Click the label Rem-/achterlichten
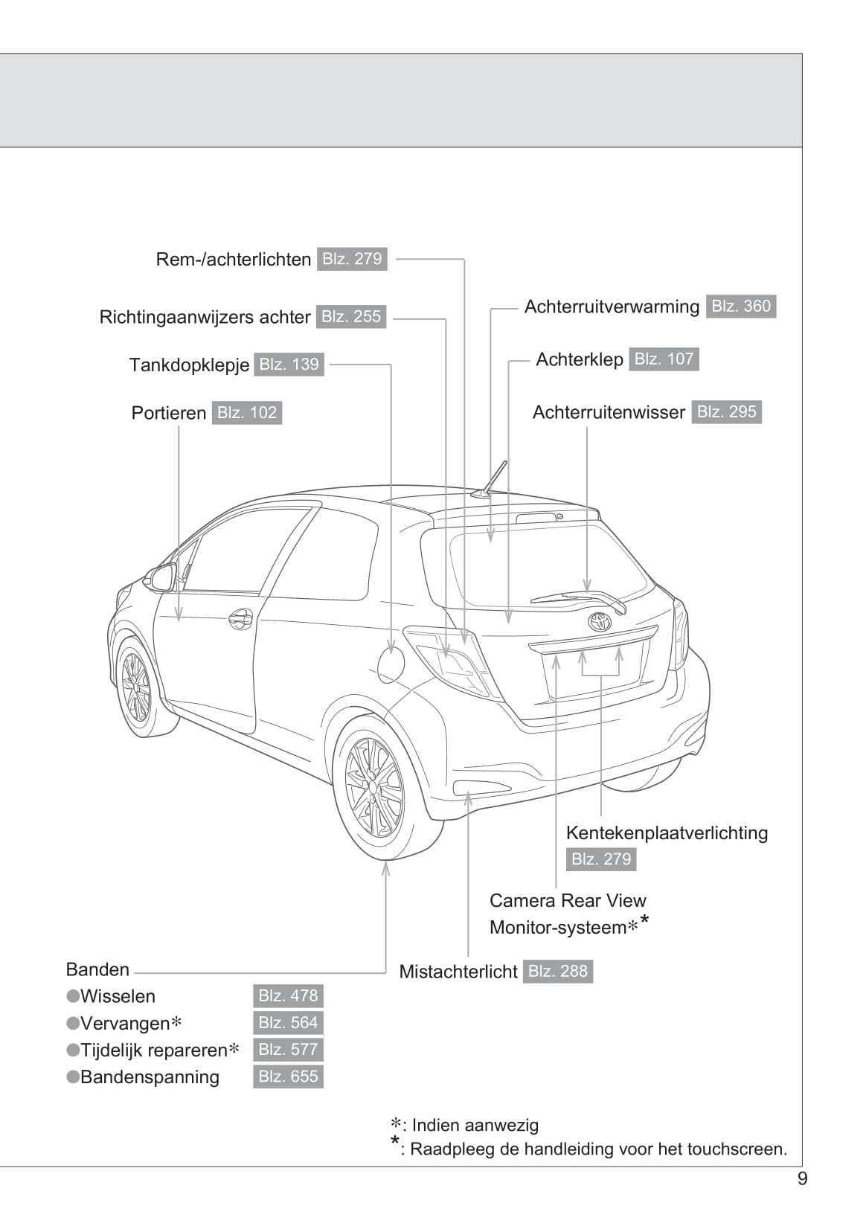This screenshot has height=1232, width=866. tap(233, 260)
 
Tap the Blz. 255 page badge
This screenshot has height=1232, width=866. tap(351, 317)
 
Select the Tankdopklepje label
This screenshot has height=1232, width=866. tap(189, 365)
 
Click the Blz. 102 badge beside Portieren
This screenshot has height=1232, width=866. tap(247, 413)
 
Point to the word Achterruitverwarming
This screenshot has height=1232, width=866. tap(612, 307)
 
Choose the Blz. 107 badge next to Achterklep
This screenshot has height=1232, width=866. tap(664, 359)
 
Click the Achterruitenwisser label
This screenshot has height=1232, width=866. tap(609, 412)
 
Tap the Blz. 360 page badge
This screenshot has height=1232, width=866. tap(741, 307)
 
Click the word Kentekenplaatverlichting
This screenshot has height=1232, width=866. tap(667, 832)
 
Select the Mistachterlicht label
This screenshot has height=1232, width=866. tap(458, 972)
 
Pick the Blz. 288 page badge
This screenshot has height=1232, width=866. tap(558, 972)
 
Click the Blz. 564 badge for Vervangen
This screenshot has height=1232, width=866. tap(288, 1023)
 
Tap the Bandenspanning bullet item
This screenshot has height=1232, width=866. tap(149, 1077)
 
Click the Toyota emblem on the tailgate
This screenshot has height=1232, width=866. tap(600, 622)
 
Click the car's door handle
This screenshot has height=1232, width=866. tap(240, 619)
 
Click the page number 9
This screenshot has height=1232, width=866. tap(802, 1179)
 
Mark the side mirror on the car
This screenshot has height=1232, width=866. tap(161, 578)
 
